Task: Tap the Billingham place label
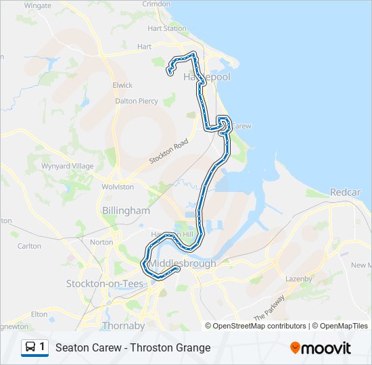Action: pos(126,211)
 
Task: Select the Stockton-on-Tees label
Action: pos(105,284)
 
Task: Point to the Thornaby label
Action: pos(119,325)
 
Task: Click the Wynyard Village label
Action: pos(68,166)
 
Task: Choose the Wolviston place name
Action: pos(118,187)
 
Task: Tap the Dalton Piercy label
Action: pos(137,101)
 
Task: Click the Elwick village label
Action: pos(123,85)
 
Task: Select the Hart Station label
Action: pos(167,28)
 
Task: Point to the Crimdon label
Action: pos(156,4)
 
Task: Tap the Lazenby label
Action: pos(298,278)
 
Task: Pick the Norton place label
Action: pos(101,242)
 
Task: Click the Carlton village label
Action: pos(29,246)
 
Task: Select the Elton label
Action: pos(39,314)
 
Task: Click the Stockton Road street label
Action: pos(168,155)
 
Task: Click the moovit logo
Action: pos(321,348)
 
